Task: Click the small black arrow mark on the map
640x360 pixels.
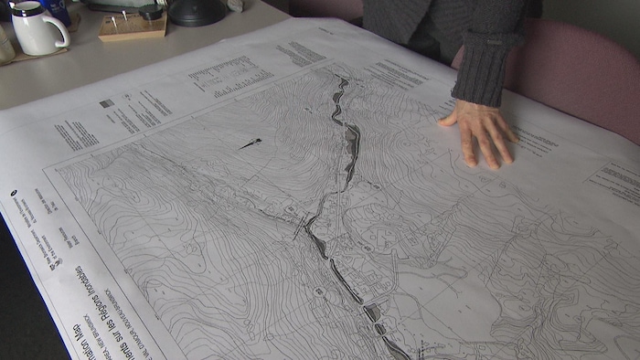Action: point(250,143)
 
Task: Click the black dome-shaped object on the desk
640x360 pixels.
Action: point(197,11)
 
